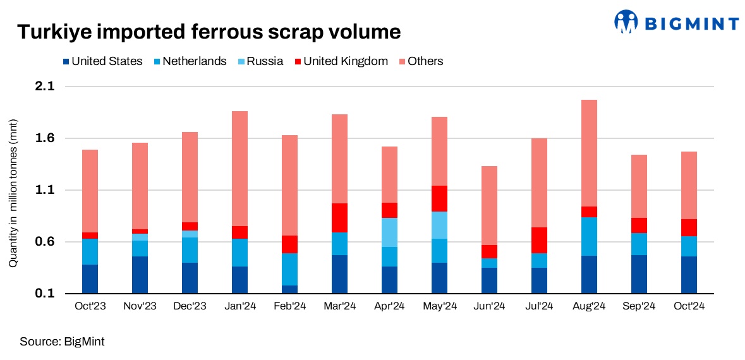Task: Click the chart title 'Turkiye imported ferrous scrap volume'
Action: (209, 32)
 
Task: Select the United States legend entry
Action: (102, 61)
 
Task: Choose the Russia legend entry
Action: (258, 61)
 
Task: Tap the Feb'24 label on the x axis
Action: (289, 306)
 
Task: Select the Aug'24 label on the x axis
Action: (589, 306)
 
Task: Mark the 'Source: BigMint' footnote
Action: (62, 342)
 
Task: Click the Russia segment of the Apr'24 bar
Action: (389, 232)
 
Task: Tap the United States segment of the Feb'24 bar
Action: (289, 289)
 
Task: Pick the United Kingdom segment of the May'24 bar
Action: (439, 198)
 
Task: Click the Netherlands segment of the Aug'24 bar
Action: (589, 236)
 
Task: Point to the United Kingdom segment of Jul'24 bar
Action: (539, 240)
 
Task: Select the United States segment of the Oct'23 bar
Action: (90, 279)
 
